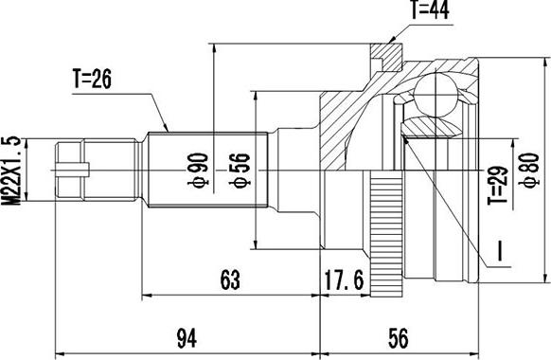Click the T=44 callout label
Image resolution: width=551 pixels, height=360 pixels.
[x=430, y=10]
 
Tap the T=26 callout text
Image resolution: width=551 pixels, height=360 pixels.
[x=92, y=79]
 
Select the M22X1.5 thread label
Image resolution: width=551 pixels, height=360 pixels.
[x=11, y=170]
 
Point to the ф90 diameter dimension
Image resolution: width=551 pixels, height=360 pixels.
[x=198, y=170]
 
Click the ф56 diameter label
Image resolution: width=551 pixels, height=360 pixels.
[x=240, y=171]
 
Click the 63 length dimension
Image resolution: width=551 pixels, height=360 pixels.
[x=230, y=279]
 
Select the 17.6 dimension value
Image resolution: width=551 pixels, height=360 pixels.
[x=344, y=280]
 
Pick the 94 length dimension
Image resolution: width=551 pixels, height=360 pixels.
[x=187, y=338]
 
